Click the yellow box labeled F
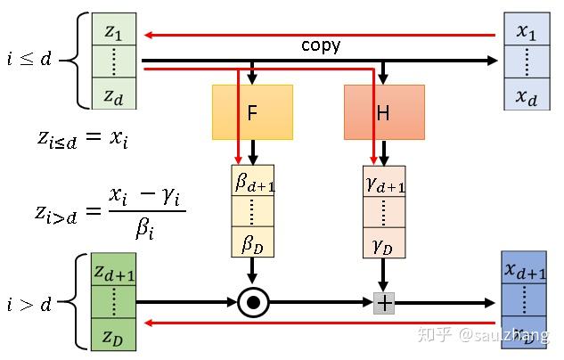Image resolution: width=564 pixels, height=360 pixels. [252, 112]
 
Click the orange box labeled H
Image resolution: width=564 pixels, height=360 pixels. [384, 112]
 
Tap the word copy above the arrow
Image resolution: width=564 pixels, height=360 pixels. [321, 45]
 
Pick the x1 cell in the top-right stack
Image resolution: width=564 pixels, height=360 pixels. [527, 31]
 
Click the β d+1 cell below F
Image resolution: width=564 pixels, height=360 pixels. [252, 182]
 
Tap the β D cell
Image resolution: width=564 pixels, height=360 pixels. [252, 241]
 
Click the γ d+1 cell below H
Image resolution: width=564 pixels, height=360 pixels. [384, 182]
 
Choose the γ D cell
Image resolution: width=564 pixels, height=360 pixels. [384, 241]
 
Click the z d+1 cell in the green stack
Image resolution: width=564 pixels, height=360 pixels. [114, 273]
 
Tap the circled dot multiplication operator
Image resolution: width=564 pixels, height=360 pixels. [253, 304]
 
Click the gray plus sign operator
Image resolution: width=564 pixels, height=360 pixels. [384, 304]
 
